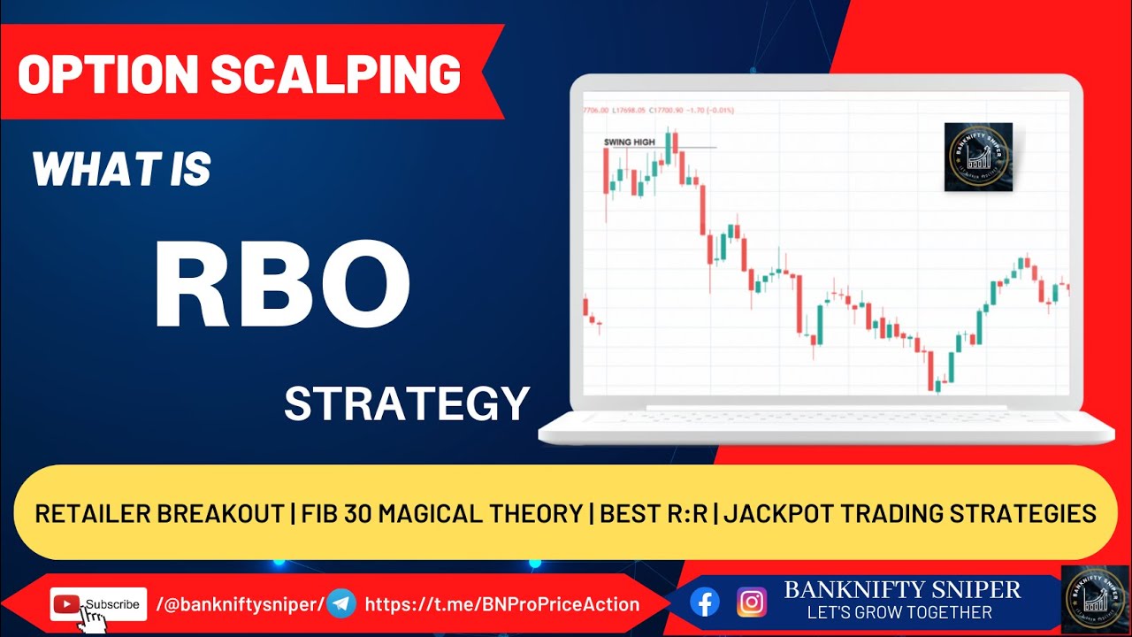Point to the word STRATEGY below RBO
pyautogui.click(x=406, y=403)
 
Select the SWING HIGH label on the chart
pyautogui.click(x=629, y=142)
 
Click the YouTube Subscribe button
pyautogui.click(x=98, y=604)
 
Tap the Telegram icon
pyautogui.click(x=341, y=604)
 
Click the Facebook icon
pyautogui.click(x=705, y=602)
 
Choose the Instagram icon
pyautogui.click(x=752, y=602)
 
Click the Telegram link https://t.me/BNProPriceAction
pyautogui.click(x=501, y=604)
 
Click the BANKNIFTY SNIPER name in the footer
pyautogui.click(x=902, y=589)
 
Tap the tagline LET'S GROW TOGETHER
pyautogui.click(x=899, y=612)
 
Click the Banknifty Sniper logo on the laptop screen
pyautogui.click(x=977, y=157)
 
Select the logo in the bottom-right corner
pyautogui.click(x=1095, y=599)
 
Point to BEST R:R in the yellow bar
pyautogui.click(x=654, y=512)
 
